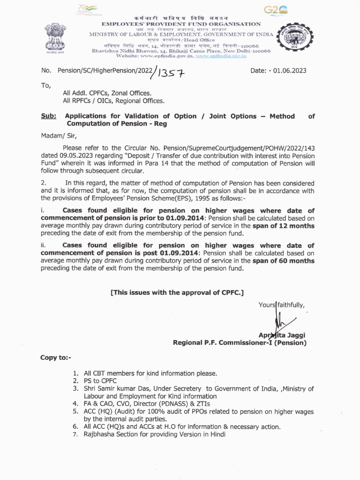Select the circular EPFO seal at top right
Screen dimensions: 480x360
(292, 40)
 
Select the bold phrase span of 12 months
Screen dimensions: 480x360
(284, 225)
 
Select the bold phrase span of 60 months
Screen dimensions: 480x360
(284, 261)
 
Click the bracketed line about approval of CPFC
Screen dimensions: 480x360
(177, 292)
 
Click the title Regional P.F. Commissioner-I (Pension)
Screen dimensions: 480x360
(240, 343)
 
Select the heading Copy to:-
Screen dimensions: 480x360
(56, 358)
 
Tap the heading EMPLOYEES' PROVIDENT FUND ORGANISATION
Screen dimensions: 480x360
(181, 23)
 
